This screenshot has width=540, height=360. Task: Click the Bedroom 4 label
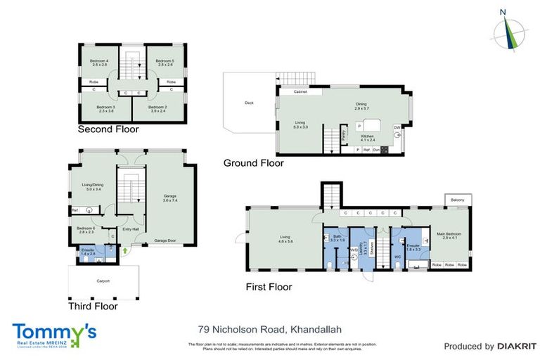pyautogui.click(x=99, y=62)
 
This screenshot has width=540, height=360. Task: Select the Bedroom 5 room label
pyautogui.click(x=164, y=62)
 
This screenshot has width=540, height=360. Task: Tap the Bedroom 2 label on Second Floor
pyautogui.click(x=159, y=108)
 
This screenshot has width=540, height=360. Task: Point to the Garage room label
pyautogui.click(x=169, y=198)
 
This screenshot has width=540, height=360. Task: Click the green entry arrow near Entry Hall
pyautogui.click(x=124, y=249)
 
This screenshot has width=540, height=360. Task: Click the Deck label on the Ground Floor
pyautogui.click(x=249, y=103)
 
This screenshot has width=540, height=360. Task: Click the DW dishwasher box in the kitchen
pyautogui.click(x=397, y=127)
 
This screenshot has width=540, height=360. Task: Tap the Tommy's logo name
pyautogui.click(x=53, y=330)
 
